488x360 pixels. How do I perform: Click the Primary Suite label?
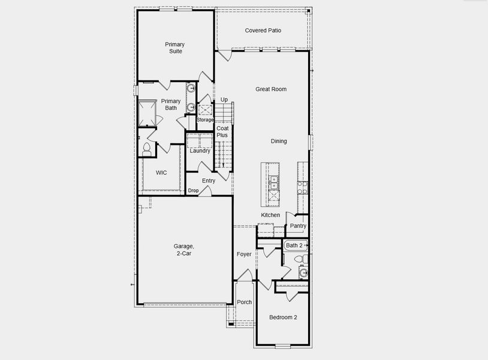[175, 48]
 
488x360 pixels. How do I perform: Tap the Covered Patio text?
[263, 30]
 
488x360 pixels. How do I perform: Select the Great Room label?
[271, 89]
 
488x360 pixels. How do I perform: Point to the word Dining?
[279, 141]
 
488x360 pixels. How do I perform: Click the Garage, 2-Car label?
[184, 250]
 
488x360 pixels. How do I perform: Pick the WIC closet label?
[161, 173]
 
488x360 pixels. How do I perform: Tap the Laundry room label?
[200, 151]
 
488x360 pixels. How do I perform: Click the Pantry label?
[298, 226]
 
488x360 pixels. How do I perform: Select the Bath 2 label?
[294, 245]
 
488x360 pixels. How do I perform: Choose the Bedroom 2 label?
[283, 317]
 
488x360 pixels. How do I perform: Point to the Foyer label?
[244, 254]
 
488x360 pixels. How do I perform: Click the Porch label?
[244, 302]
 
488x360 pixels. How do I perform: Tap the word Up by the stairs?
[224, 100]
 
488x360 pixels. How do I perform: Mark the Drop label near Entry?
[193, 191]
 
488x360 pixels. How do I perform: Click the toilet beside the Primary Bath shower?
[146, 147]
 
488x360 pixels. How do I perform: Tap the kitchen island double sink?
[273, 182]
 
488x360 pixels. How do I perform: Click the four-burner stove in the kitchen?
[302, 188]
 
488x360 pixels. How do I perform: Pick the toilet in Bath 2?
[303, 259]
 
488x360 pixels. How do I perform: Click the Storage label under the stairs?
[206, 120]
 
